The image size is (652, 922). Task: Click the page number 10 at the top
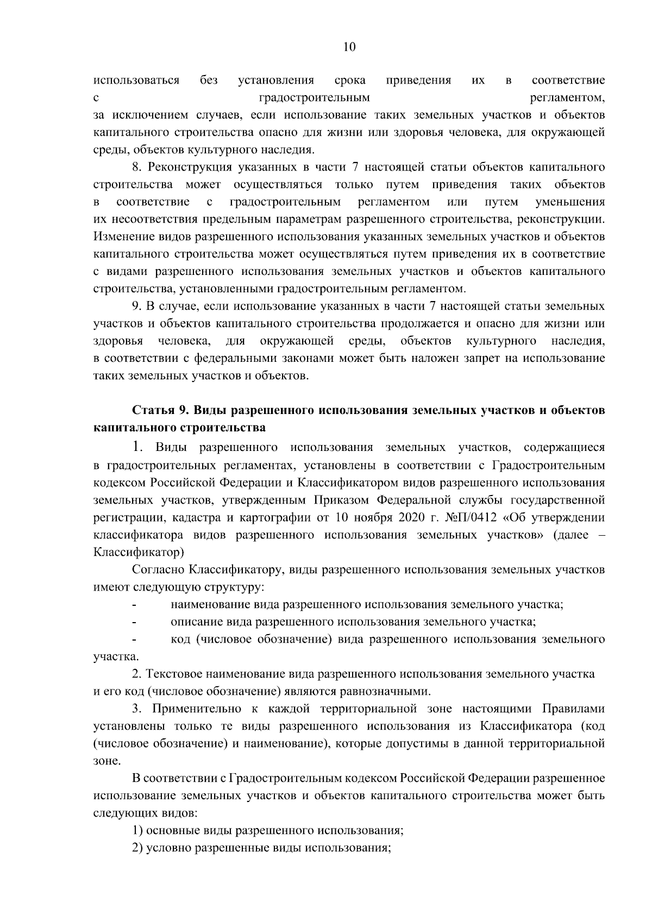coord(349,47)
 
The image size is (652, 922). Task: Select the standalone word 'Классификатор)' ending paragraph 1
coord(139,552)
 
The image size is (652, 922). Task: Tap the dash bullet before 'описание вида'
coord(134,622)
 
